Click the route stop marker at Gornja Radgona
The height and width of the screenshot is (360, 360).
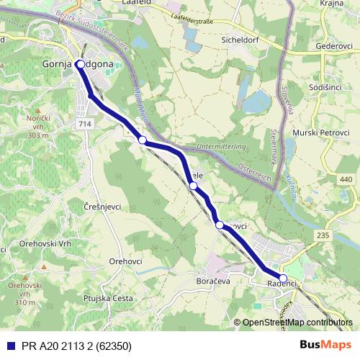point(80,64)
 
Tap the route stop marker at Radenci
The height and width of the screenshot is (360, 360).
point(283,279)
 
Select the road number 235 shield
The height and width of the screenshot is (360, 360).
point(323,235)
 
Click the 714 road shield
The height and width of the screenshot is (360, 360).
point(86,125)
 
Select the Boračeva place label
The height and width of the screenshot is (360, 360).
point(212,281)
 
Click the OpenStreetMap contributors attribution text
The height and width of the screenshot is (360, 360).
point(297,323)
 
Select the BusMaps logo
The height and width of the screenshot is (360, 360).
point(325,346)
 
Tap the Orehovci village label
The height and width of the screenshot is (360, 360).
point(125,261)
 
